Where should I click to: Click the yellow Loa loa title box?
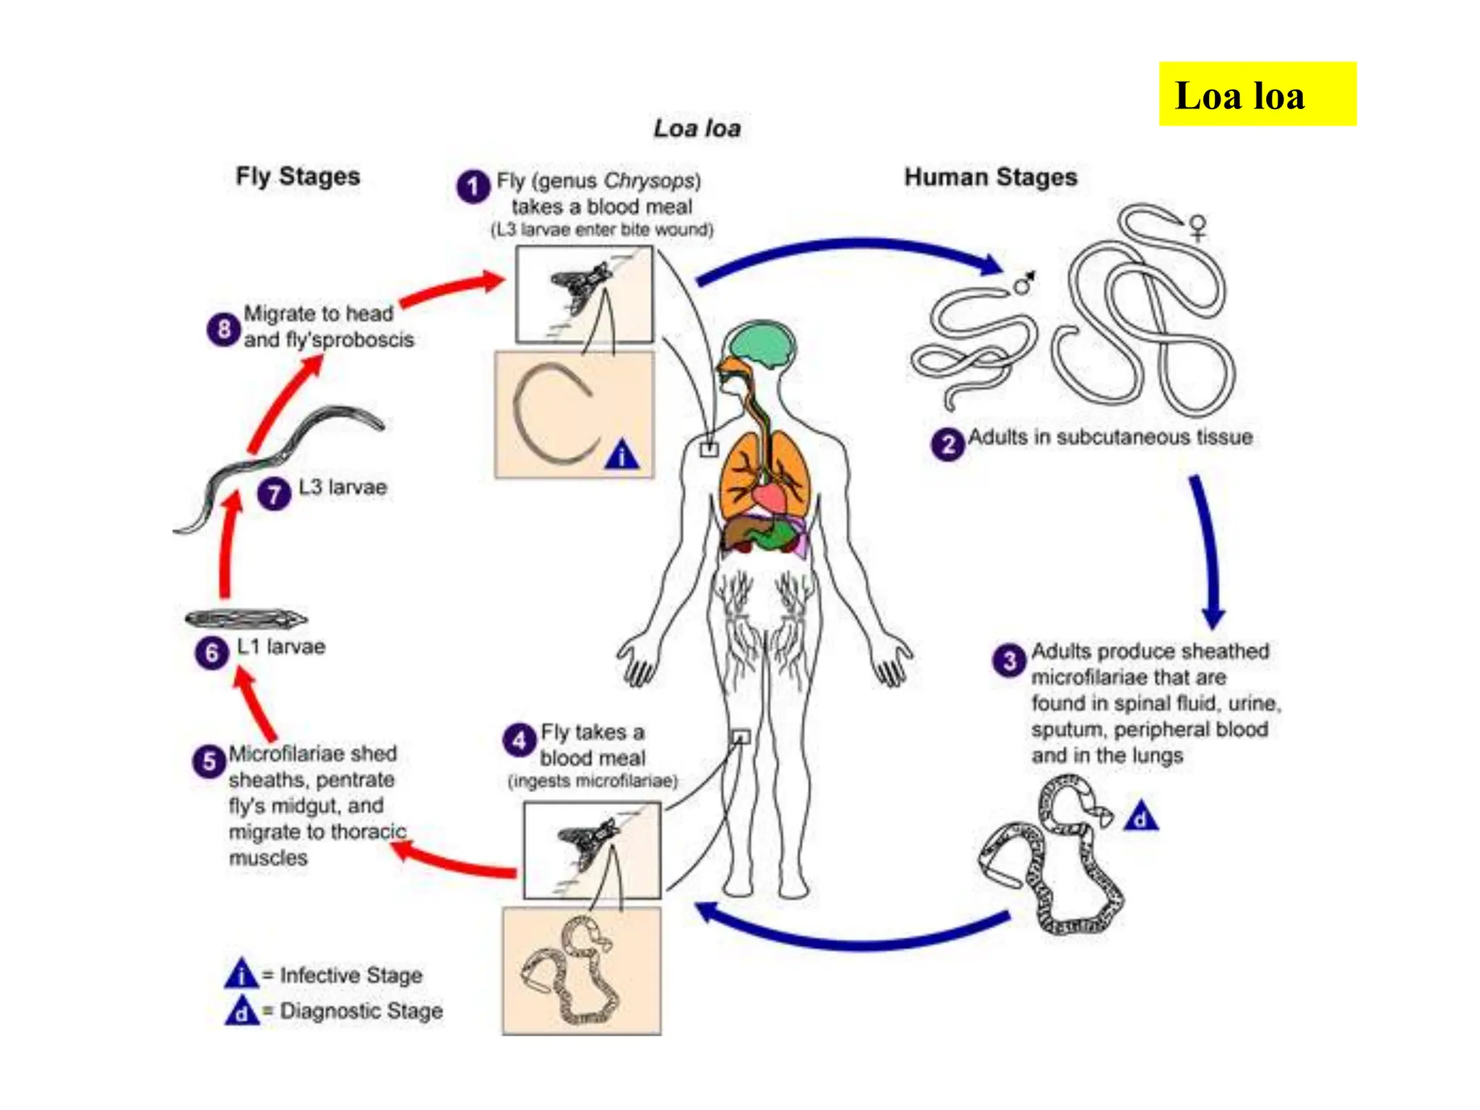tap(1257, 94)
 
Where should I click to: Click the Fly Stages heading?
tap(298, 176)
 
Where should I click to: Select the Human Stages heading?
tap(990, 177)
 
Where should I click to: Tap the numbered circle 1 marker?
tap(473, 186)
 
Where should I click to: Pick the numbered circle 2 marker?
tap(947, 444)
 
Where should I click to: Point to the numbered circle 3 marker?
tap(1009, 660)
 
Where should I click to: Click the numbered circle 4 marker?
tap(519, 740)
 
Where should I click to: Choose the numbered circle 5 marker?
tap(209, 761)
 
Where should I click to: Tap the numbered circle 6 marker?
tap(211, 653)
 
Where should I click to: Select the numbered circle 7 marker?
tap(274, 494)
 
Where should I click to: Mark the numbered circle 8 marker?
tap(223, 330)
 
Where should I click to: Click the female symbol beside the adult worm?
tap(1197, 227)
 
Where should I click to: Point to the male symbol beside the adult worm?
tap(1023, 284)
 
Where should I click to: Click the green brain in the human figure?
tap(759, 344)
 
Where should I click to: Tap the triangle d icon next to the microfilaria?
tap(1140, 817)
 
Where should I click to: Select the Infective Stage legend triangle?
tap(241, 974)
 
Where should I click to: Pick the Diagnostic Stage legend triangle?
tap(241, 1011)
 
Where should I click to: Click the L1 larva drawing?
tap(246, 619)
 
